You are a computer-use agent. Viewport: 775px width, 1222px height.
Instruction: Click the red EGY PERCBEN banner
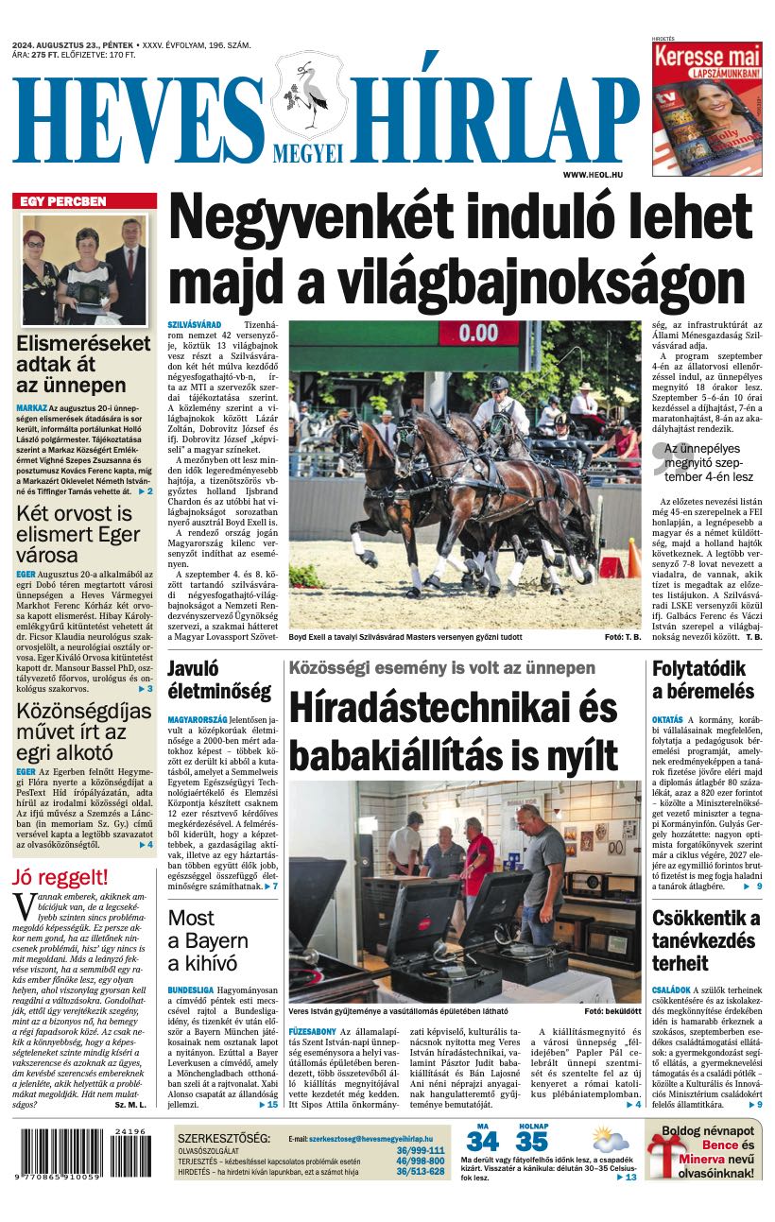[x=84, y=201]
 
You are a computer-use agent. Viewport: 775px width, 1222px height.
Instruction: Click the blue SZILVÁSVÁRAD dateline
[x=194, y=325]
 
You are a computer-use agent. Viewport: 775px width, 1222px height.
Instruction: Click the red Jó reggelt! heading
[x=60, y=876]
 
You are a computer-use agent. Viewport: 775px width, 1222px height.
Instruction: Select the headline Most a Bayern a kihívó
[x=208, y=939]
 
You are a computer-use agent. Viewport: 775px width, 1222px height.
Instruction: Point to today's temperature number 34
[x=482, y=1142]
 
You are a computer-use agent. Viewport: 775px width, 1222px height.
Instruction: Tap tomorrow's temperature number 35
[x=532, y=1142]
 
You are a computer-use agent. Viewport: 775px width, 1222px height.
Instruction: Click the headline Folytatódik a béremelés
[x=703, y=680]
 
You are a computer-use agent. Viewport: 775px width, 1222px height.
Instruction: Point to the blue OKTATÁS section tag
[x=667, y=719]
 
